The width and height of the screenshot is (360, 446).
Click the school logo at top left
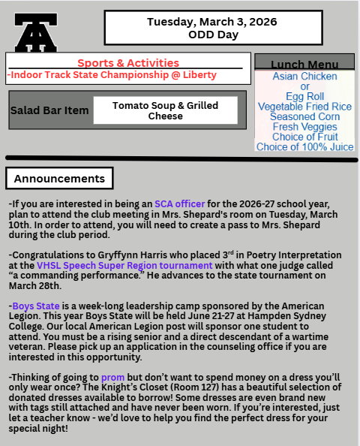(x=35, y=34)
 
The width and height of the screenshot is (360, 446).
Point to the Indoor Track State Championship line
(x=112, y=75)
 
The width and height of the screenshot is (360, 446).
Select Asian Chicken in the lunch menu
(x=304, y=77)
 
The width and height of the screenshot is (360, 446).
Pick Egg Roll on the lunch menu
(x=304, y=97)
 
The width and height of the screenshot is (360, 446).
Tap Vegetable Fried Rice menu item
(x=304, y=107)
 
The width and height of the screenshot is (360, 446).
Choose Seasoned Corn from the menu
(x=304, y=117)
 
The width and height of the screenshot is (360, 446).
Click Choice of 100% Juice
(x=304, y=147)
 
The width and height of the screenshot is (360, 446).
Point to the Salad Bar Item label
(x=49, y=110)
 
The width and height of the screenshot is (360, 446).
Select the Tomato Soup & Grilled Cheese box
(x=165, y=110)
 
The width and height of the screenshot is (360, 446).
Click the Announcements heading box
(x=59, y=179)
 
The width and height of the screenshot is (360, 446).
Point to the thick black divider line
(x=180, y=158)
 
